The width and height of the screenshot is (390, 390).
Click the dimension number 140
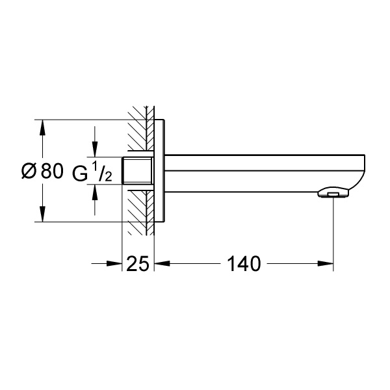point(244,264)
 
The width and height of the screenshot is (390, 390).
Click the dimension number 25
point(138,264)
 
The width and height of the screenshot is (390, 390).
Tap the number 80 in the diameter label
point(52,171)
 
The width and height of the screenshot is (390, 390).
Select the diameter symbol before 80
point(29,171)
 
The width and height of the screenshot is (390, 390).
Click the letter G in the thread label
point(80,174)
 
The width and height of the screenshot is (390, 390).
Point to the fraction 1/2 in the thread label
point(102,171)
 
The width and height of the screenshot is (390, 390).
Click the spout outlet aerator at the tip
point(333,193)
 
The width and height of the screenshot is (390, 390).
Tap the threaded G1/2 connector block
point(137,170)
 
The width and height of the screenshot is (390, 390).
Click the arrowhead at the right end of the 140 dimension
point(326,264)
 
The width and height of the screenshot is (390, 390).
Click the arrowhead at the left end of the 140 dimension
point(162,264)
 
